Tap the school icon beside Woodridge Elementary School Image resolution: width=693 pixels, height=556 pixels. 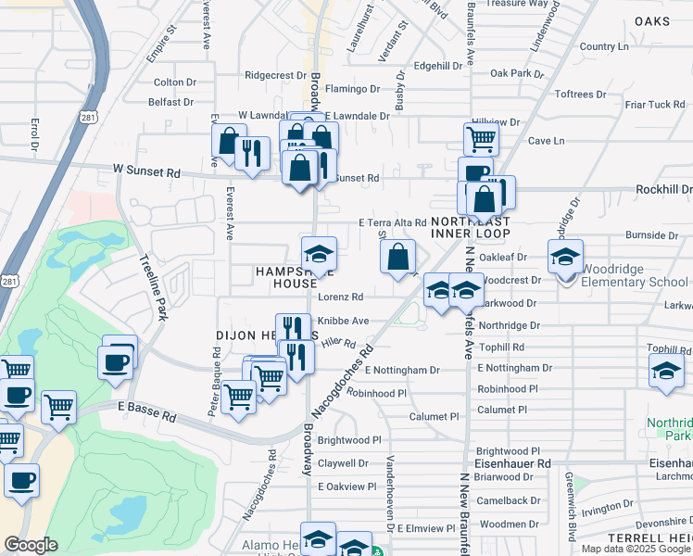click(x=565, y=258)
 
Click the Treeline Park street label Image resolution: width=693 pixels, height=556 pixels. click(x=152, y=288)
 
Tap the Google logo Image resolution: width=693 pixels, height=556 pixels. click(x=31, y=545)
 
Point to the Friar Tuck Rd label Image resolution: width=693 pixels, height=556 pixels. click(x=654, y=105)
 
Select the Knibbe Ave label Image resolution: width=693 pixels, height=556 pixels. click(x=343, y=321)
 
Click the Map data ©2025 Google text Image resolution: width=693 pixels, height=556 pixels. click(x=636, y=549)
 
